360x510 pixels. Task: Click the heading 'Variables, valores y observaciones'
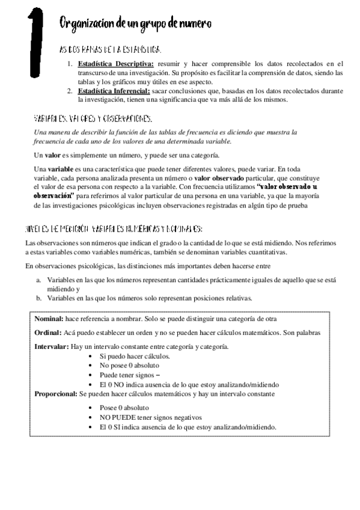(102, 118)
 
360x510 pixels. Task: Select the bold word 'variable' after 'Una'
(60, 170)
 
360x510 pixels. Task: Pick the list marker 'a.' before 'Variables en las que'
(38, 280)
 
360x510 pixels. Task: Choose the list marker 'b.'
(38, 298)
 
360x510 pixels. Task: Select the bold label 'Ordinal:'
(47, 333)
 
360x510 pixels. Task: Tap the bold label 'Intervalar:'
(51, 347)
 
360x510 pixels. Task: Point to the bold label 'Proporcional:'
(56, 393)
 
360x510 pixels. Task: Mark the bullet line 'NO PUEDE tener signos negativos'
(150, 417)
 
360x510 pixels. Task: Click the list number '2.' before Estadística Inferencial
(70, 91)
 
